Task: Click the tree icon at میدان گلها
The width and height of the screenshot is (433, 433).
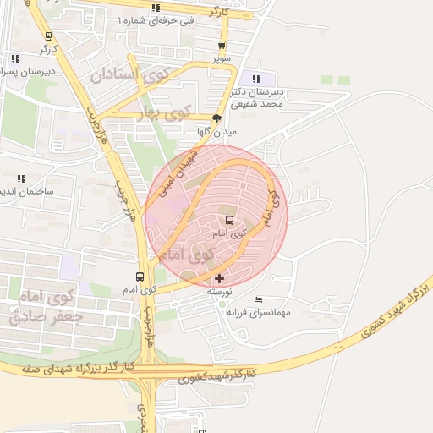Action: [x=217, y=118]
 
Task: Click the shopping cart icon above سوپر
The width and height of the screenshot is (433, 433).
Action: [x=222, y=47]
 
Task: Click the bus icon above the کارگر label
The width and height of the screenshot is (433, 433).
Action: [x=48, y=36]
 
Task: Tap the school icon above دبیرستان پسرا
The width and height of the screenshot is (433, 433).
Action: [x=15, y=58]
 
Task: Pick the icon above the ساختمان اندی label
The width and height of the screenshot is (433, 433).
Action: [x=21, y=178]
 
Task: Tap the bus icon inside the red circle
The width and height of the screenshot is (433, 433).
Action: [x=229, y=220]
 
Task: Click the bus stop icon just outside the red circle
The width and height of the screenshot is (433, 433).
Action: [x=140, y=277]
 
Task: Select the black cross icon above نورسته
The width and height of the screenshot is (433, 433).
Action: [x=220, y=278]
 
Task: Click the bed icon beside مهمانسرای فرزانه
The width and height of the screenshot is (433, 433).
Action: [x=259, y=300]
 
